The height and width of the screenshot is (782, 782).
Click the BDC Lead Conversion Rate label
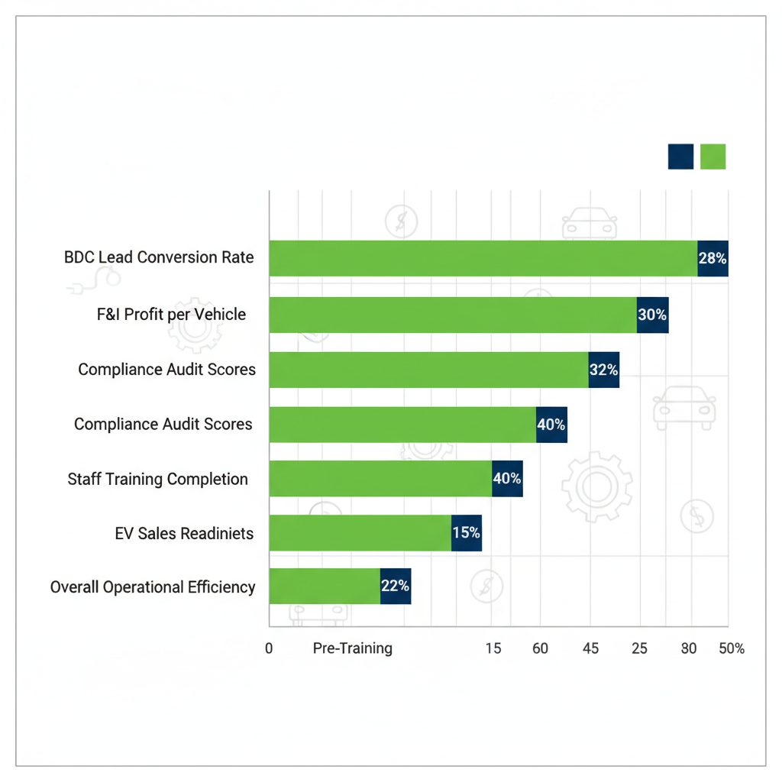(159, 257)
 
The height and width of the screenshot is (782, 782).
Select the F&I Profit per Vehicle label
(171, 314)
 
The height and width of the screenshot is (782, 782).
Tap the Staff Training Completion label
(157, 480)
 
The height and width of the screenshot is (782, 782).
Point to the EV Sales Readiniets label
(184, 533)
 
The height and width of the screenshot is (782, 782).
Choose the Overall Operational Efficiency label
(153, 587)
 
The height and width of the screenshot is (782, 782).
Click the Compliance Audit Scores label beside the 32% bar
(166, 370)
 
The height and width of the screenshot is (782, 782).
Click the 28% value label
(713, 258)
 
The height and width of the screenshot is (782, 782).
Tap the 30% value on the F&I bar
(652, 315)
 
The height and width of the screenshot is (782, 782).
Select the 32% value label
(603, 370)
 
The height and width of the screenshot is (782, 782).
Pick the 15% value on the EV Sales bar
(466, 533)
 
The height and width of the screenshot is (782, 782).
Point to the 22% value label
(395, 586)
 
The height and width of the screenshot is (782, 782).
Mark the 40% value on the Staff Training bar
(507, 479)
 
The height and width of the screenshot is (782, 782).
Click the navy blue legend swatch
(680, 157)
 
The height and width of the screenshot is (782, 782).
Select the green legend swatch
(713, 157)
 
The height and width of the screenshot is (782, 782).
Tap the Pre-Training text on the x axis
(353, 648)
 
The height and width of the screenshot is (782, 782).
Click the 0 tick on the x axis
(269, 648)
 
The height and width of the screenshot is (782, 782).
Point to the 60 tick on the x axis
(540, 648)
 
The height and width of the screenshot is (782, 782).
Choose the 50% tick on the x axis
(731, 648)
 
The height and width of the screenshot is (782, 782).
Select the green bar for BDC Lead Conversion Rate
(483, 258)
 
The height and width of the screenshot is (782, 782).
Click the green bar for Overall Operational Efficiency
(325, 586)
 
